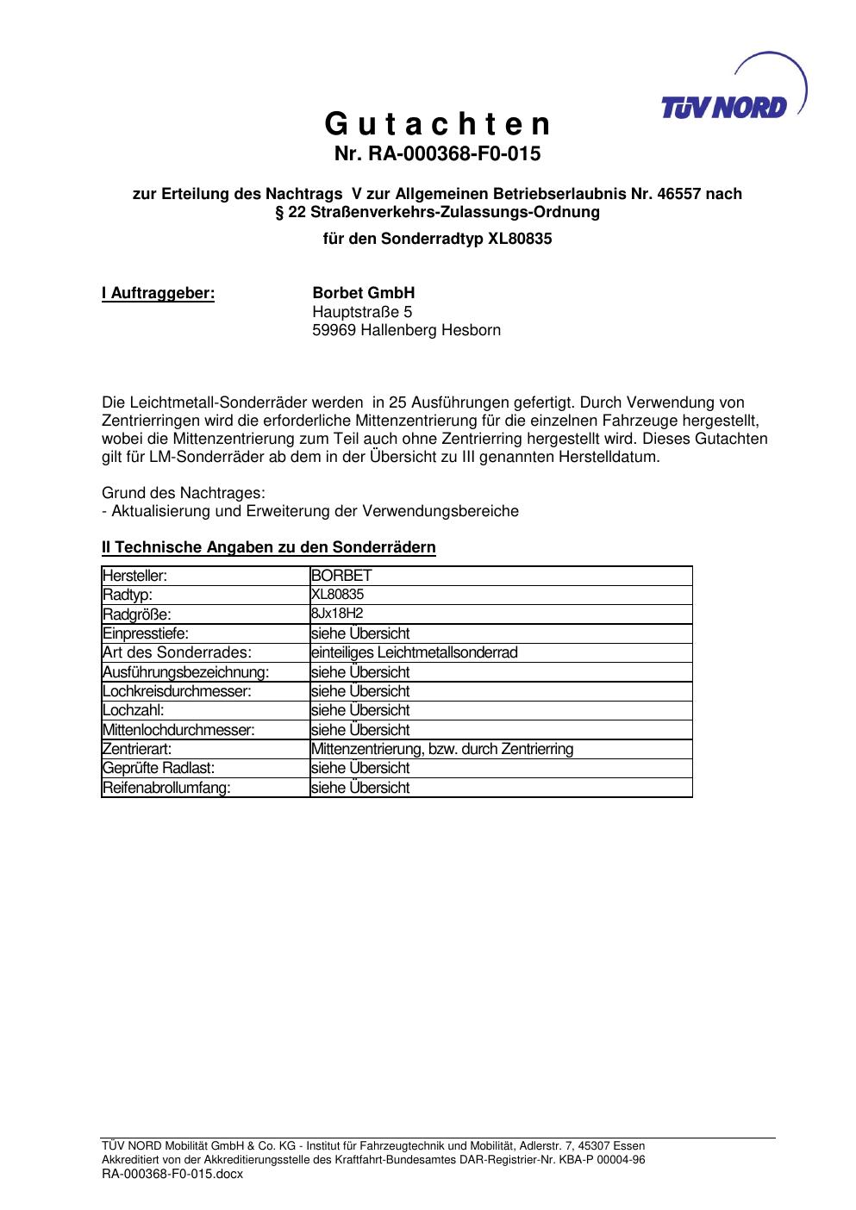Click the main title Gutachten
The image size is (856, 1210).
coord(437,126)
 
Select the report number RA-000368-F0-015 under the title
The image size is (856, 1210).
coord(437,155)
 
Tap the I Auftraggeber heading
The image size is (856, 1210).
coord(158,294)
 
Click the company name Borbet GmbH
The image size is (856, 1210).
coord(363,294)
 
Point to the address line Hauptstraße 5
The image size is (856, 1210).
coord(362,312)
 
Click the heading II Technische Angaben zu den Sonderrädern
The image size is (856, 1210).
coord(268,547)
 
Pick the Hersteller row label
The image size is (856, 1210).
coord(134,576)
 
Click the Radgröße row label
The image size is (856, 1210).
coord(137,614)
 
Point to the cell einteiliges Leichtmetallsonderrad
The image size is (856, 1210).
coord(414,652)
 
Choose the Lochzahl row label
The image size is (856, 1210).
coord(133,710)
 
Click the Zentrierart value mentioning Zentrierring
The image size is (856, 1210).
coord(441,749)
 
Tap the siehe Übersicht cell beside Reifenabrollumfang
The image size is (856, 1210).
coord(359,788)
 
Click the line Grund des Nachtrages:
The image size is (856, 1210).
coord(184,493)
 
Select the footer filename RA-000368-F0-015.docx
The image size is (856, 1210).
coord(172,1174)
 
